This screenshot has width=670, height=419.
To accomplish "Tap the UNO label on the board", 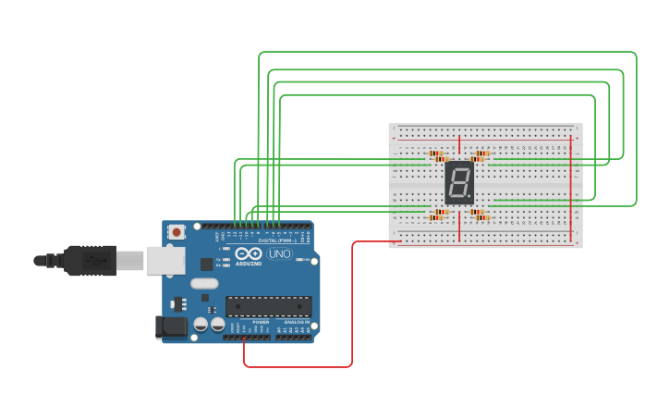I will [x=279, y=254].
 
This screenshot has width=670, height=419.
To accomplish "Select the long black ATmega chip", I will [x=268, y=306].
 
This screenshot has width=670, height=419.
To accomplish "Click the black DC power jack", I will [x=170, y=327].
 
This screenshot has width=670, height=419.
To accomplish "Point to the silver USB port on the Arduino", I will [x=164, y=261].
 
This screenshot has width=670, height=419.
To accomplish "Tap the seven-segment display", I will [x=459, y=182].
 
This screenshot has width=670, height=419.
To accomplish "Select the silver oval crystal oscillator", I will [x=205, y=284].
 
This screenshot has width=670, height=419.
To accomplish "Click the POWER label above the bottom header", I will [x=248, y=322].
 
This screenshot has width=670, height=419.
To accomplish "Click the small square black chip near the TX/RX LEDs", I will [x=205, y=264].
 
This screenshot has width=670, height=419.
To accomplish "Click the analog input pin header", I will [x=294, y=337].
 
